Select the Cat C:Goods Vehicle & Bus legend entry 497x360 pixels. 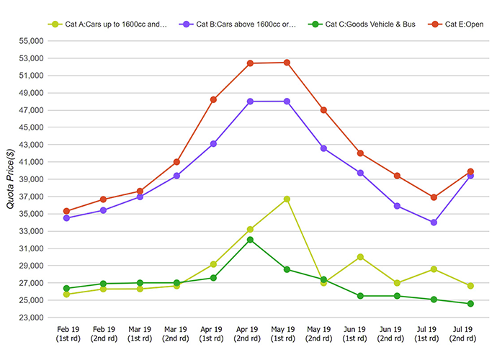(x=364, y=24)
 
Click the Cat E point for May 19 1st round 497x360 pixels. (x=287, y=63)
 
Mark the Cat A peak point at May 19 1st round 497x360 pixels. (x=287, y=199)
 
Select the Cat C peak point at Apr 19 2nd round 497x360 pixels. (x=250, y=240)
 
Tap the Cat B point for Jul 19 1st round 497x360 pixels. (x=434, y=222)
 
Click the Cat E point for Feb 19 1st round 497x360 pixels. (x=67, y=211)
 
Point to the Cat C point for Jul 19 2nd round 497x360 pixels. (x=470, y=304)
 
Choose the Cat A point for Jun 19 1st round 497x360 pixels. (x=360, y=256)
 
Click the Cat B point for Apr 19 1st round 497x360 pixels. (x=213, y=144)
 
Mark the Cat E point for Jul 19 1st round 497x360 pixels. (x=434, y=197)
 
